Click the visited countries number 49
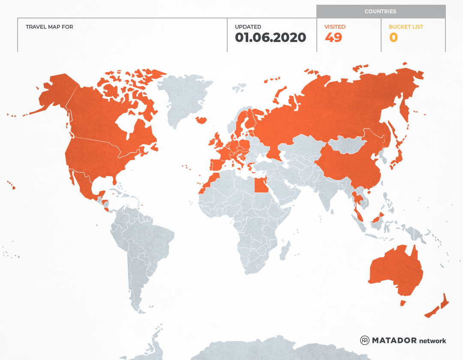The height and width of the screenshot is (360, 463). tap(334, 38)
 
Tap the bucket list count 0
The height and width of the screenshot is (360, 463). tap(393, 38)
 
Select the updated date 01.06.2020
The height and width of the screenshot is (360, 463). tap(270, 38)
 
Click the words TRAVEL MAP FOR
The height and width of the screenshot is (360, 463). tap(49, 27)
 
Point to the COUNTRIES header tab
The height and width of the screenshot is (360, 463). tap(380, 12)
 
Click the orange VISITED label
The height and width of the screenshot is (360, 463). tap(335, 27)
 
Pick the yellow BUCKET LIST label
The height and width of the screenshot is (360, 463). tap(406, 27)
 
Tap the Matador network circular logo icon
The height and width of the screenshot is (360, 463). tap(365, 340)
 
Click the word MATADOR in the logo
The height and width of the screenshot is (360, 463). tap(394, 340)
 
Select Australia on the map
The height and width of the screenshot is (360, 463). tap(394, 270)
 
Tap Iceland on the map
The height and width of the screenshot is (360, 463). tap(201, 120)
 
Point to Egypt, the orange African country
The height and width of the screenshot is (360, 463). tap(260, 186)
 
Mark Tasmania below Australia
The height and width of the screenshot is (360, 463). tap(403, 303)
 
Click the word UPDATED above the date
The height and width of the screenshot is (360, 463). tap(248, 27)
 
